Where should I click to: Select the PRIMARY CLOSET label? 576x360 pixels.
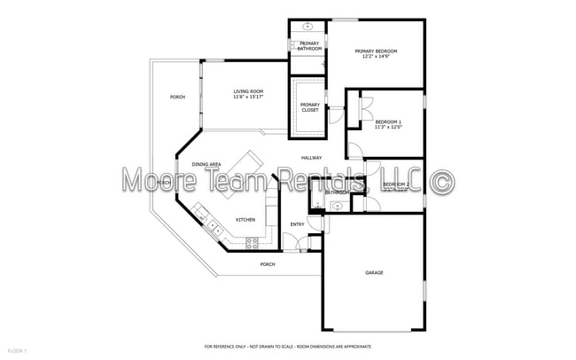coord(309,107)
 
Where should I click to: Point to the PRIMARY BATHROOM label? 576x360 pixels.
coord(309,45)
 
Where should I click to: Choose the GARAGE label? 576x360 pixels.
coord(374,272)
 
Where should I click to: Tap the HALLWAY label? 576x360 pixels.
coord(311,158)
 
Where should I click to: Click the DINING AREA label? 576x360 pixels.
coord(206,164)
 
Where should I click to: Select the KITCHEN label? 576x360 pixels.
coord(245,220)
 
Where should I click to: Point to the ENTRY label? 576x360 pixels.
coord(298,224)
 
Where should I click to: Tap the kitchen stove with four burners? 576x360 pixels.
coord(252,241)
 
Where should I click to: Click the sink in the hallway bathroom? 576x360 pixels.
coord(336,207)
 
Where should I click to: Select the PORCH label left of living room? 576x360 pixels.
coord(177,97)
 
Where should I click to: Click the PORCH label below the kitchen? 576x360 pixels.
coord(267,264)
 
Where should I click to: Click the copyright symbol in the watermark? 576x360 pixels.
coord(441,182)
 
